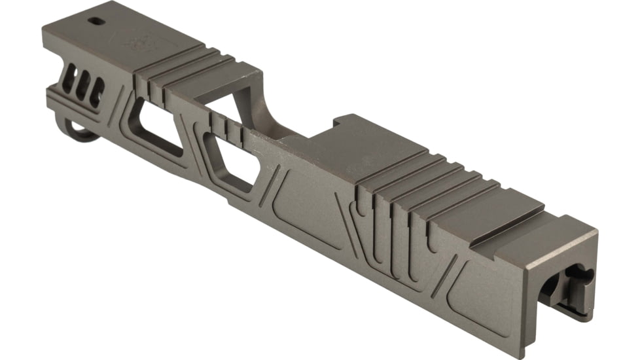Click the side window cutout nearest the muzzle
pos(156,128)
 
